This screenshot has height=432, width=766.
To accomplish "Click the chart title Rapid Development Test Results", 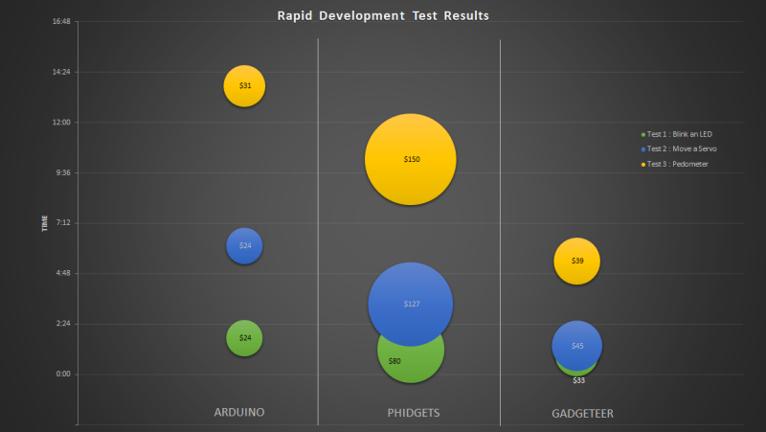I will tap(383, 15).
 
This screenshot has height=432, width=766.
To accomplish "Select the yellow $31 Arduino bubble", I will tap(244, 86).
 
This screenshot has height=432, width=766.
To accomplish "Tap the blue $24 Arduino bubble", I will tap(244, 246).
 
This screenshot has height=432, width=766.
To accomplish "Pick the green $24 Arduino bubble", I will tap(244, 338).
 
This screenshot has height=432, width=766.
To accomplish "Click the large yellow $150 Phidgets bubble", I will tap(411, 159).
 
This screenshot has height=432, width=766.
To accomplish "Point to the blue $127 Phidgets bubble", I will tap(411, 304).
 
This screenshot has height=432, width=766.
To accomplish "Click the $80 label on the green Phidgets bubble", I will tap(394, 361).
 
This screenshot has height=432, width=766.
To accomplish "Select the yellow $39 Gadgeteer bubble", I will tap(576, 261).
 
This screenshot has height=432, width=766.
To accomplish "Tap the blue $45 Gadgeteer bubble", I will tap(576, 346).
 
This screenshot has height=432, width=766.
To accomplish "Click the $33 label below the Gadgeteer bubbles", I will tap(578, 380).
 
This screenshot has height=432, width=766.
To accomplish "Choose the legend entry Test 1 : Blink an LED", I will tap(679, 134).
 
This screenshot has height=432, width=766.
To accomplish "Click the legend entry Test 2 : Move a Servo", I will tap(681, 149).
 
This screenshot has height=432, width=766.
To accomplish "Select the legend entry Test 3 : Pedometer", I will tap(677, 165).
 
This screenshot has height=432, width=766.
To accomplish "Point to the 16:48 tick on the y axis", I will tap(62, 21).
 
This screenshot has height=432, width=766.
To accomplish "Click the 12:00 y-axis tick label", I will tap(62, 123).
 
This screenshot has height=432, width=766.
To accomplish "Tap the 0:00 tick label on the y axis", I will tap(64, 374).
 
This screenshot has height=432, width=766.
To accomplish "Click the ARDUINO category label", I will tap(238, 412).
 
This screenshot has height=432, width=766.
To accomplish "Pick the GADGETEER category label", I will tap(582, 413).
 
